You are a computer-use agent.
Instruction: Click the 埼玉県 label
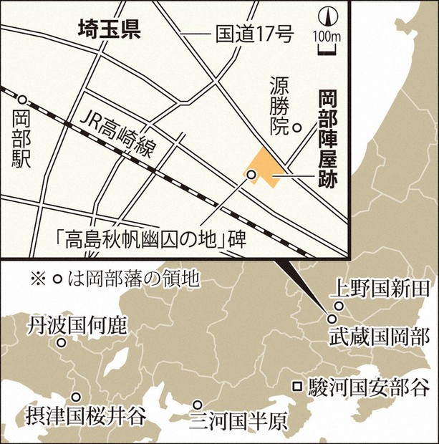109,29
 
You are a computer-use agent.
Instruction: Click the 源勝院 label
279,107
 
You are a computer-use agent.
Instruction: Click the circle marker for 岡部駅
23,100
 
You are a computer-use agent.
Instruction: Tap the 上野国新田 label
380,289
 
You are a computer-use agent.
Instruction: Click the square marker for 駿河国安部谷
296,387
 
